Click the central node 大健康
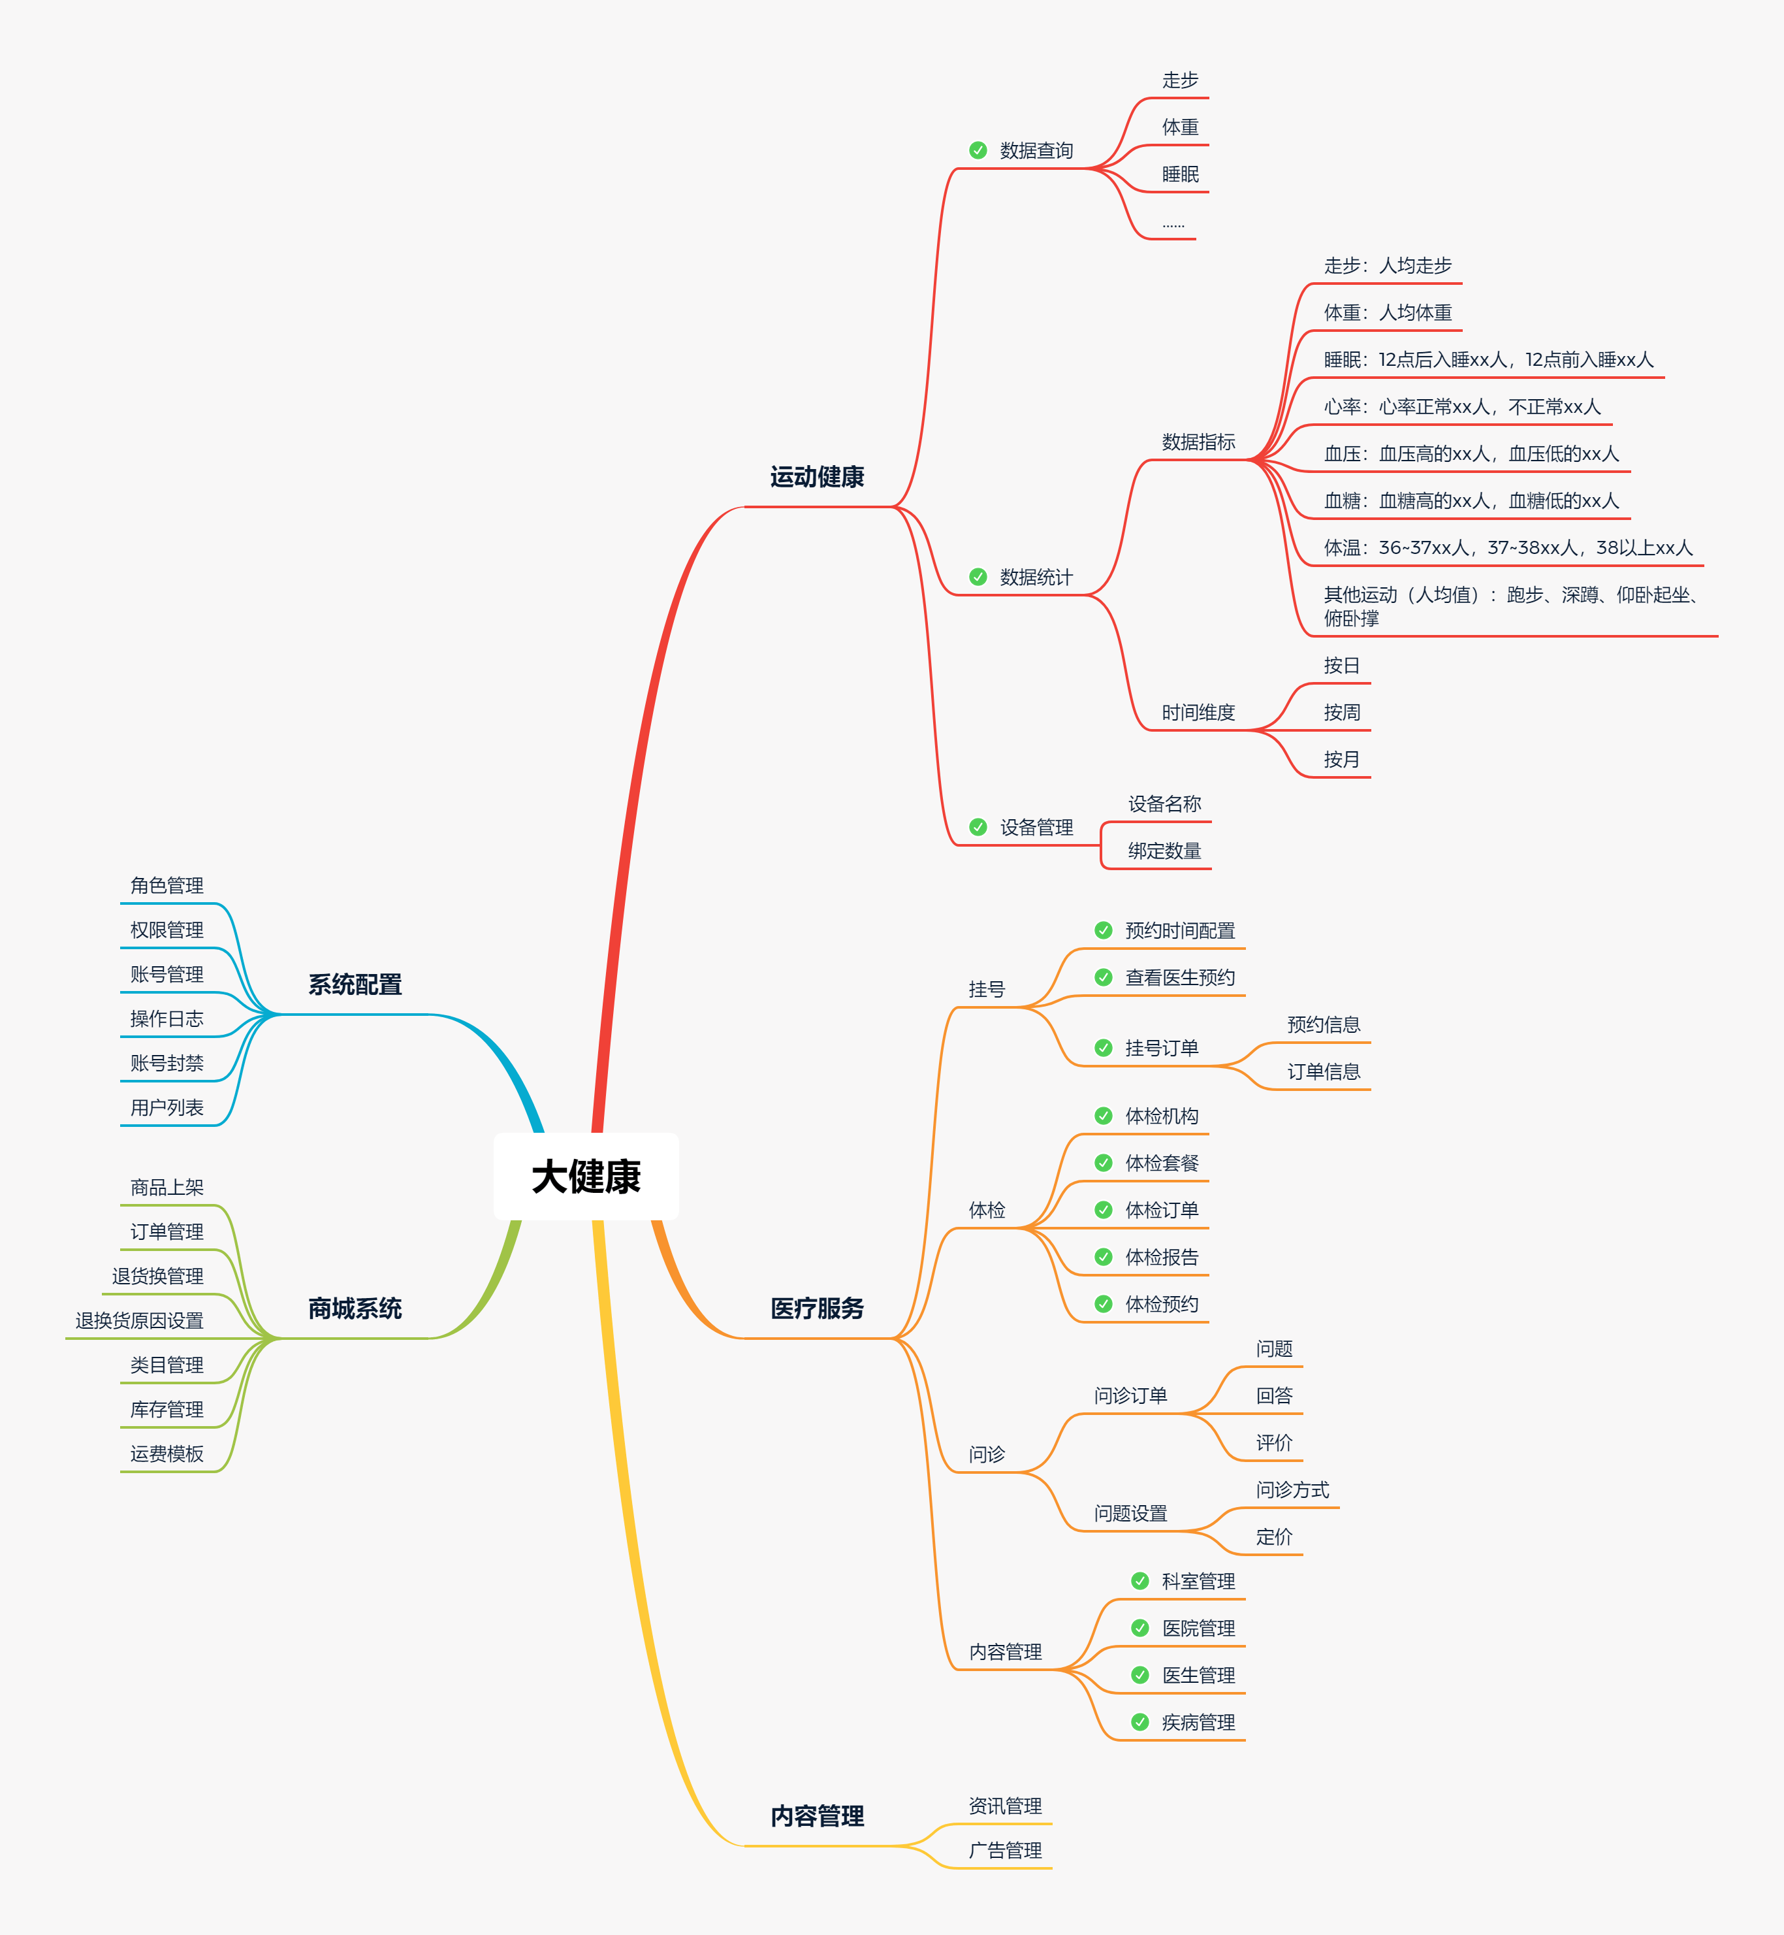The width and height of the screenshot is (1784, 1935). point(586,1176)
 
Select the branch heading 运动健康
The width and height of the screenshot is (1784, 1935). point(817,477)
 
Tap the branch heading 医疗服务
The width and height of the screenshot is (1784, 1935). point(817,1309)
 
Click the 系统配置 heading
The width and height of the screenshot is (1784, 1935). point(355,985)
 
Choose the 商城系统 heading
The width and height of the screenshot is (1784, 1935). point(355,1309)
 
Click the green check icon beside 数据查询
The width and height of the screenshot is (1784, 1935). point(978,151)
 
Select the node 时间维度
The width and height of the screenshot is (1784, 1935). point(1198,713)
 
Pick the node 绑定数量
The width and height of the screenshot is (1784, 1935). point(1164,851)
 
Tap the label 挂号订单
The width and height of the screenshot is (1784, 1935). point(1161,1048)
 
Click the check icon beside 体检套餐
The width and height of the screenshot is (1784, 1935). point(1104,1163)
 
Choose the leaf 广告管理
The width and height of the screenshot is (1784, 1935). point(1005,1850)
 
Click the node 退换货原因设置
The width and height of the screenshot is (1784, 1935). point(140,1320)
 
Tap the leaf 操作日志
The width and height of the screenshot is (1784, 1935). point(167,1018)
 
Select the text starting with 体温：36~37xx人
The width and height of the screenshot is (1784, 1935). point(1508,547)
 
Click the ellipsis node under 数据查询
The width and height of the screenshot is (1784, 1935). point(1173,225)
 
